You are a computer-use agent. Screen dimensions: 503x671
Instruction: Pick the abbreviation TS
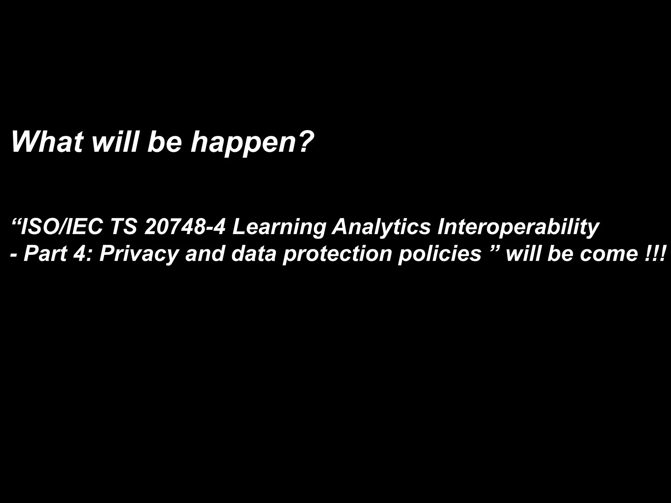point(124,227)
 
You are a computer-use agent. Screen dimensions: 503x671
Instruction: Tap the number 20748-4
point(185,227)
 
